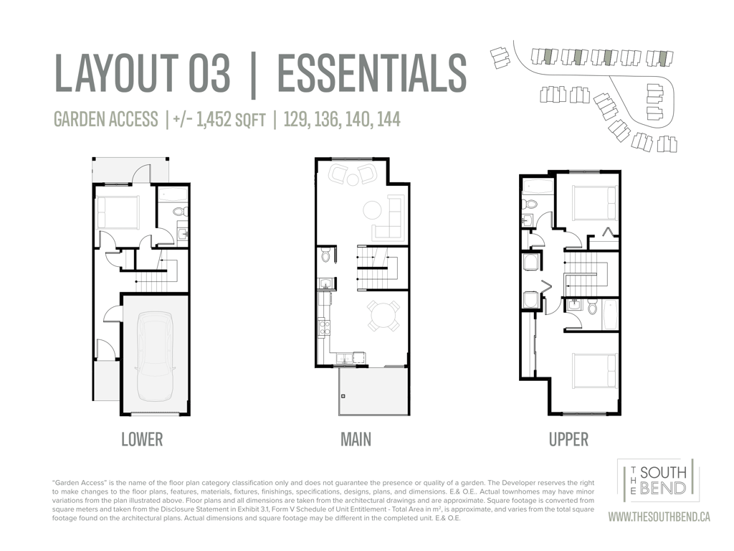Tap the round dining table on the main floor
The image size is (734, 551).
383,316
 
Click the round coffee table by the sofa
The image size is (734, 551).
373,210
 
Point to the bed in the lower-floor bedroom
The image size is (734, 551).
118,212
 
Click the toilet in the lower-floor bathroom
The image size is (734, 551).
181,212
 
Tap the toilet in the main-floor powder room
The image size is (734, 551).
326,256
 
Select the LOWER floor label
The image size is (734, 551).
142,440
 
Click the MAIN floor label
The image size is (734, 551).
356,440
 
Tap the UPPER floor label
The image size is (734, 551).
568,440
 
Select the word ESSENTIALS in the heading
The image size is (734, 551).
372,73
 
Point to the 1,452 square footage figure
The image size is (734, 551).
214,120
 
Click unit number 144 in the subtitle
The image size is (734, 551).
389,119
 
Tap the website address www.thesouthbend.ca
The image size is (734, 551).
659,517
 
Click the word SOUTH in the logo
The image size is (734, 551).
663,472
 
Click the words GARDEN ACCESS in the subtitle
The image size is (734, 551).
106,120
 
